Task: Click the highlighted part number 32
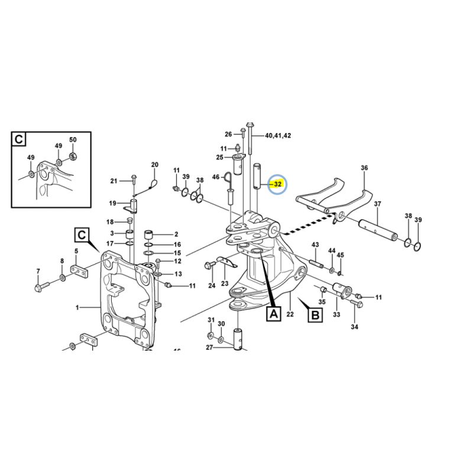click(x=277, y=184)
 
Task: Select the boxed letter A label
click(x=274, y=314)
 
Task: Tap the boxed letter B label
click(x=315, y=315)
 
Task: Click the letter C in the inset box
click(x=19, y=140)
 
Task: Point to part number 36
click(x=364, y=168)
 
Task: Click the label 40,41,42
click(x=278, y=135)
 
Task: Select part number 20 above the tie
click(x=155, y=165)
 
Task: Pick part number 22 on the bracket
click(x=290, y=315)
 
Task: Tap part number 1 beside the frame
click(x=77, y=307)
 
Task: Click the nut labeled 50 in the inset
click(x=72, y=156)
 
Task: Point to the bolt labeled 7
click(x=41, y=286)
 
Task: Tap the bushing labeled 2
click(x=149, y=234)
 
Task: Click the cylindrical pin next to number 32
click(x=257, y=176)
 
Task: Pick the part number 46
click(x=216, y=177)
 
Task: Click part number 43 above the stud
click(x=315, y=244)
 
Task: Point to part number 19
click(x=112, y=203)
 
